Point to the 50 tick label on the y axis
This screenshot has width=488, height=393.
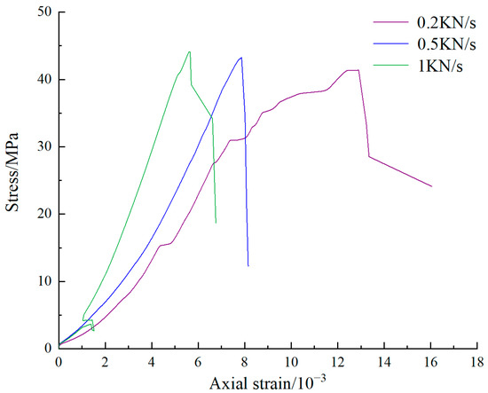point(43,12)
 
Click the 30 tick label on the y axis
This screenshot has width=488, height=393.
point(43,146)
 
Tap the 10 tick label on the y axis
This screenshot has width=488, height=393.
point(43,281)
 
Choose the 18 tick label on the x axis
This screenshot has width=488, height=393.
point(477,361)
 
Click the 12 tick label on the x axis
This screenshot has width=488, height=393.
point(338,361)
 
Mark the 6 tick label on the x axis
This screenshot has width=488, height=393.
point(198,361)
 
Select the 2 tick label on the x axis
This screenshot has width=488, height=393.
point(105,361)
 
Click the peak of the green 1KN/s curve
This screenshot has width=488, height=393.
point(189,51)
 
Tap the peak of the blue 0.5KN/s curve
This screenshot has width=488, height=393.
point(240,58)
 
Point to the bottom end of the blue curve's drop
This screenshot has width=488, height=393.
point(248,265)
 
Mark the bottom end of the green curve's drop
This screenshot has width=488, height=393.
point(216,223)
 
